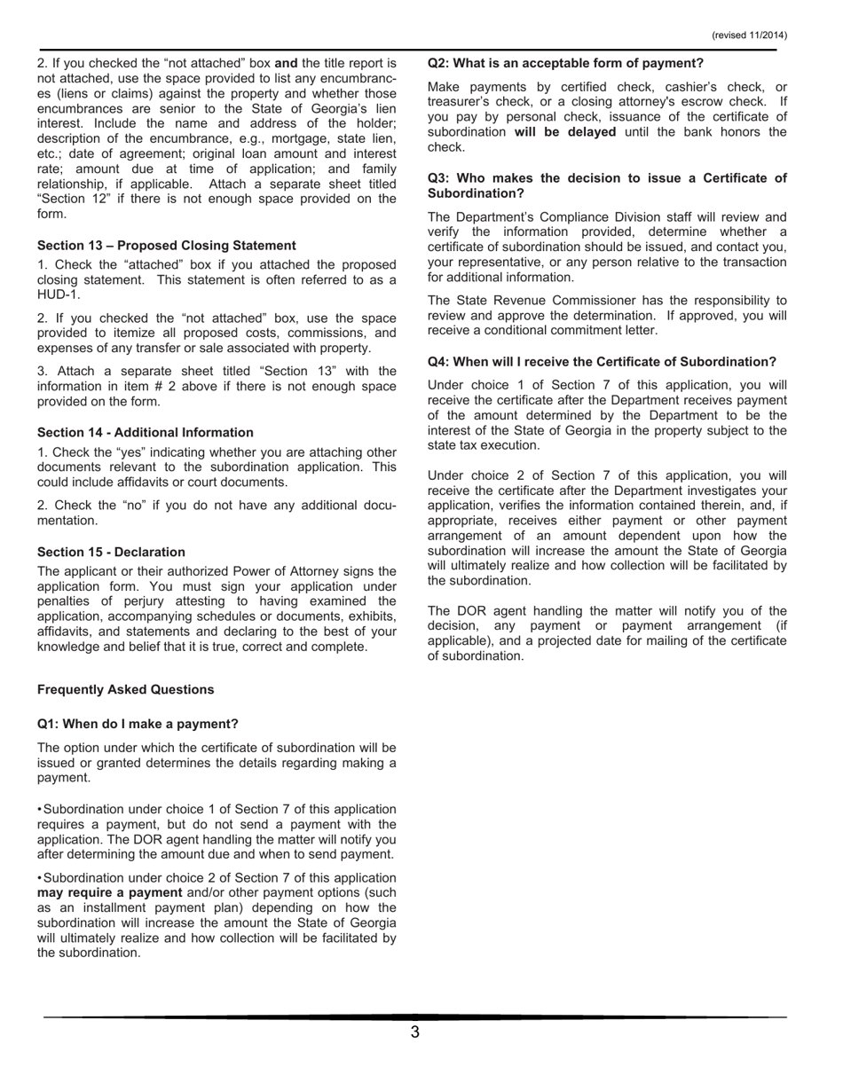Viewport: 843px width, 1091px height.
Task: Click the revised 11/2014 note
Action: (x=749, y=35)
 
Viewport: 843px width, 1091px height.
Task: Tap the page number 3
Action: (x=414, y=1032)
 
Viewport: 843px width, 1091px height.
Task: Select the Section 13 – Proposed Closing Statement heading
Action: (x=167, y=245)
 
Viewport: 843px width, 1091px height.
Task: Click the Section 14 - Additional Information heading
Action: (x=146, y=432)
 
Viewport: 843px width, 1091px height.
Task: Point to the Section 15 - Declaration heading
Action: (x=112, y=552)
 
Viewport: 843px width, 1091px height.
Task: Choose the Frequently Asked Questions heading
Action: (x=126, y=689)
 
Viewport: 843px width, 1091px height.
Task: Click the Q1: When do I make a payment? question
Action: (x=138, y=724)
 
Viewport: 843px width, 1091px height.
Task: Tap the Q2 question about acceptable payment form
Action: (x=565, y=63)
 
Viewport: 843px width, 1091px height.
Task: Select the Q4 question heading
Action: (x=602, y=361)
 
